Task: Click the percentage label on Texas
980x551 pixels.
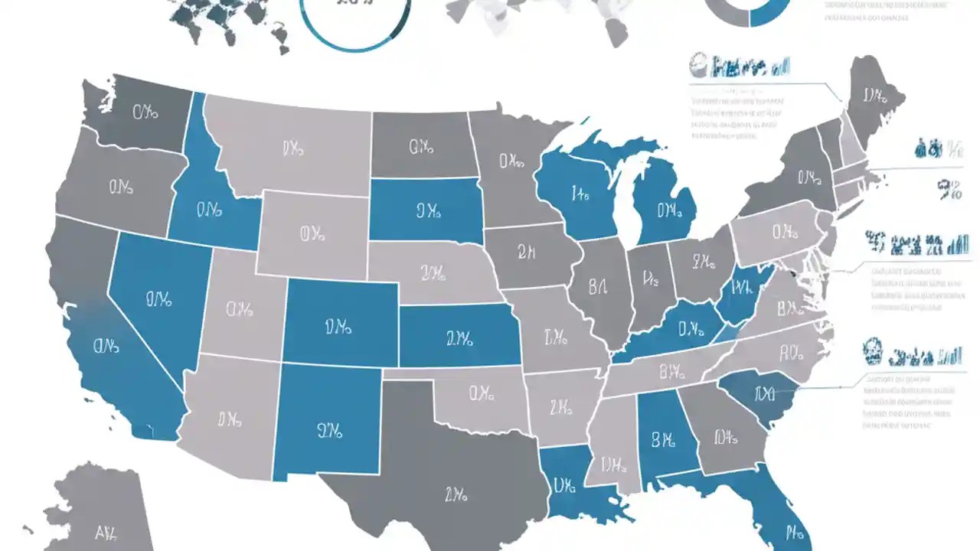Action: [x=456, y=495]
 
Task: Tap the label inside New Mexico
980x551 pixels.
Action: [x=328, y=432]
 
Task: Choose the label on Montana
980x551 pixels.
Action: [x=292, y=148]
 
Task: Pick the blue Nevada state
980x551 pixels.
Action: [x=157, y=298]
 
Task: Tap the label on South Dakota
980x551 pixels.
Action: [x=428, y=210]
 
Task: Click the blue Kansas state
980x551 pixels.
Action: [x=459, y=337]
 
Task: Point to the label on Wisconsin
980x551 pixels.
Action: [x=580, y=194]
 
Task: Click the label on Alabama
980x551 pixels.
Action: [x=664, y=440]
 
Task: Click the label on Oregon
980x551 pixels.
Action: [x=122, y=186]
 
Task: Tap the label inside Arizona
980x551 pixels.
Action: [x=230, y=419]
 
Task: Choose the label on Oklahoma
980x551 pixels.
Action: [x=482, y=394]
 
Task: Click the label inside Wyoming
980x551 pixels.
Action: [x=312, y=232]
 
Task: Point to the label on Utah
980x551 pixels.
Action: [x=240, y=310]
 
